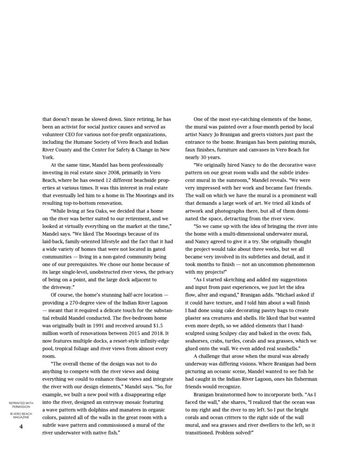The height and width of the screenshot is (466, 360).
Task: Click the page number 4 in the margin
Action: pyautogui.click(x=20, y=426)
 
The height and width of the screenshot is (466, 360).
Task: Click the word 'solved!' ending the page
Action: pyautogui.click(x=241, y=433)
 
